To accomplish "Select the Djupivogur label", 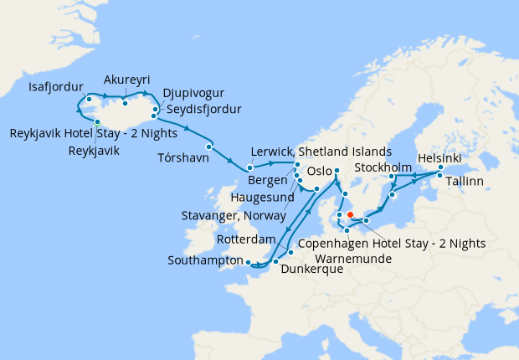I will [193, 93].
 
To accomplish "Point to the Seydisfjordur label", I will [202, 110].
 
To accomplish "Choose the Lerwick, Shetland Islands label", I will [321, 152].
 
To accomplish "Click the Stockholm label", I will [383, 167].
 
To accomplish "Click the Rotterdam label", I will [246, 239].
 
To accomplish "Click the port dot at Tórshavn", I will [209, 147].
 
